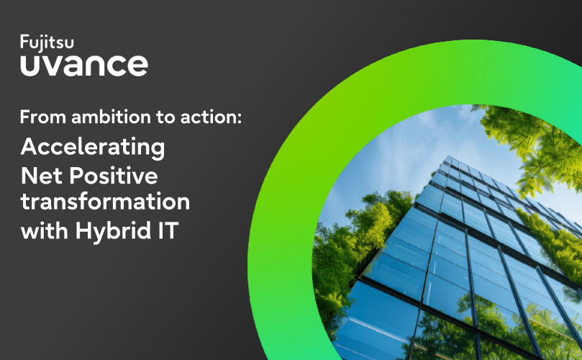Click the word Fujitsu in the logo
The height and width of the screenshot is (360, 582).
point(47,42)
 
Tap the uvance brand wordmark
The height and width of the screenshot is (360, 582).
point(84,66)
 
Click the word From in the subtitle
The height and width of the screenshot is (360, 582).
point(43,117)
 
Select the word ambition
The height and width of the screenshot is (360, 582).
point(112,117)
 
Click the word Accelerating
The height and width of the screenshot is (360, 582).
point(93,148)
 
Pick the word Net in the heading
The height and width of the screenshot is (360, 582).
point(42,176)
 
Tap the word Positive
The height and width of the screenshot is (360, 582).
point(114,176)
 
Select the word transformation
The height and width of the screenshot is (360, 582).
point(106,202)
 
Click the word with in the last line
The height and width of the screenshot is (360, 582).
point(45,230)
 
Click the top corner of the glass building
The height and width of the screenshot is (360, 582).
point(449,157)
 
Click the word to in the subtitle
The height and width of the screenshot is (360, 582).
point(165,117)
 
